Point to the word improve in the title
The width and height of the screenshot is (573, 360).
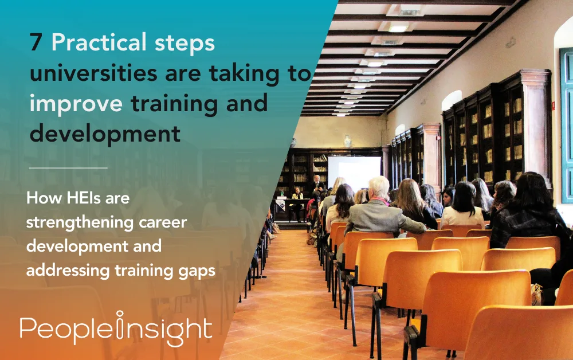76,105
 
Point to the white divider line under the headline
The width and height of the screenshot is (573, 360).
68,168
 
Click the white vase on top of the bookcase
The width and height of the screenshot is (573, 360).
347,141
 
